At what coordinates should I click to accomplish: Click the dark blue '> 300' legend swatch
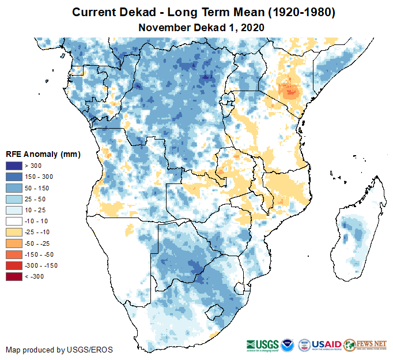[14, 166]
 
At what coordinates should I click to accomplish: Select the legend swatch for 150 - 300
[14, 177]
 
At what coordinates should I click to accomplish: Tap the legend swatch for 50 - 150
[14, 188]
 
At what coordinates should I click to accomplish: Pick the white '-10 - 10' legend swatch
[14, 221]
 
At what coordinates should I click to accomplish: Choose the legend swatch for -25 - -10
[14, 232]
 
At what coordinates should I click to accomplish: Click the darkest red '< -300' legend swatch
[14, 276]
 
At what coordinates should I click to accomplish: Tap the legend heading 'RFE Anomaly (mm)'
[43, 154]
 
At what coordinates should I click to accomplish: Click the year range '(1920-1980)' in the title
[294, 12]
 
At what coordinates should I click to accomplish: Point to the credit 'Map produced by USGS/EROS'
[59, 350]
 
